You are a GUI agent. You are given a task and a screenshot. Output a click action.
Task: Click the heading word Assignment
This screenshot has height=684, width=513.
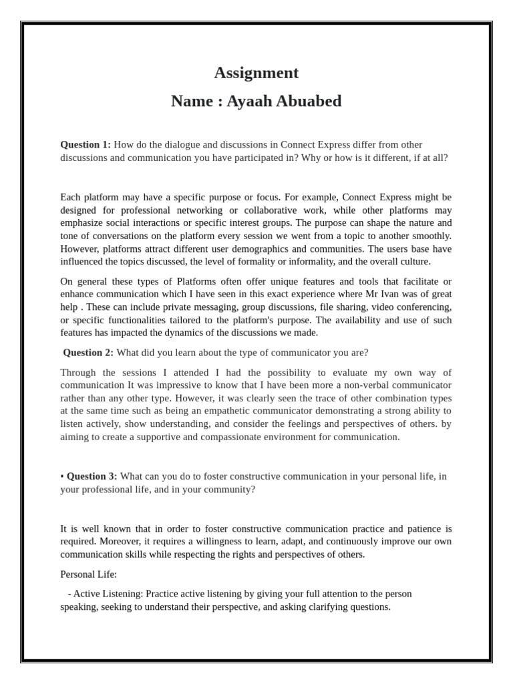pyautogui.click(x=256, y=73)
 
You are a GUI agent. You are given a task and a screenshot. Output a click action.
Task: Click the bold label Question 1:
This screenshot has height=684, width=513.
pyautogui.click(x=85, y=145)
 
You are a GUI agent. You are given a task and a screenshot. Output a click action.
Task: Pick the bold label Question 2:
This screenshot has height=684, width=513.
pyautogui.click(x=88, y=353)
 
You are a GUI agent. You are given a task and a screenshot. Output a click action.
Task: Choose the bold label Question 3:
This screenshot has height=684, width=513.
pyautogui.click(x=92, y=476)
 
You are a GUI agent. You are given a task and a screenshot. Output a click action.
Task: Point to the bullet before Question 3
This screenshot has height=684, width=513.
pyautogui.click(x=62, y=476)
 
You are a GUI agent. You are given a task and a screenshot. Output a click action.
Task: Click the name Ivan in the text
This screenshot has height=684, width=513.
pyautogui.click(x=386, y=294)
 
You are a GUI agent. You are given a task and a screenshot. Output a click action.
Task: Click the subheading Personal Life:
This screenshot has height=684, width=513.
pyautogui.click(x=88, y=574)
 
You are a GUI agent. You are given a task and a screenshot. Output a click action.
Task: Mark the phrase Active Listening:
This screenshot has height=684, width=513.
pyautogui.click(x=108, y=594)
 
